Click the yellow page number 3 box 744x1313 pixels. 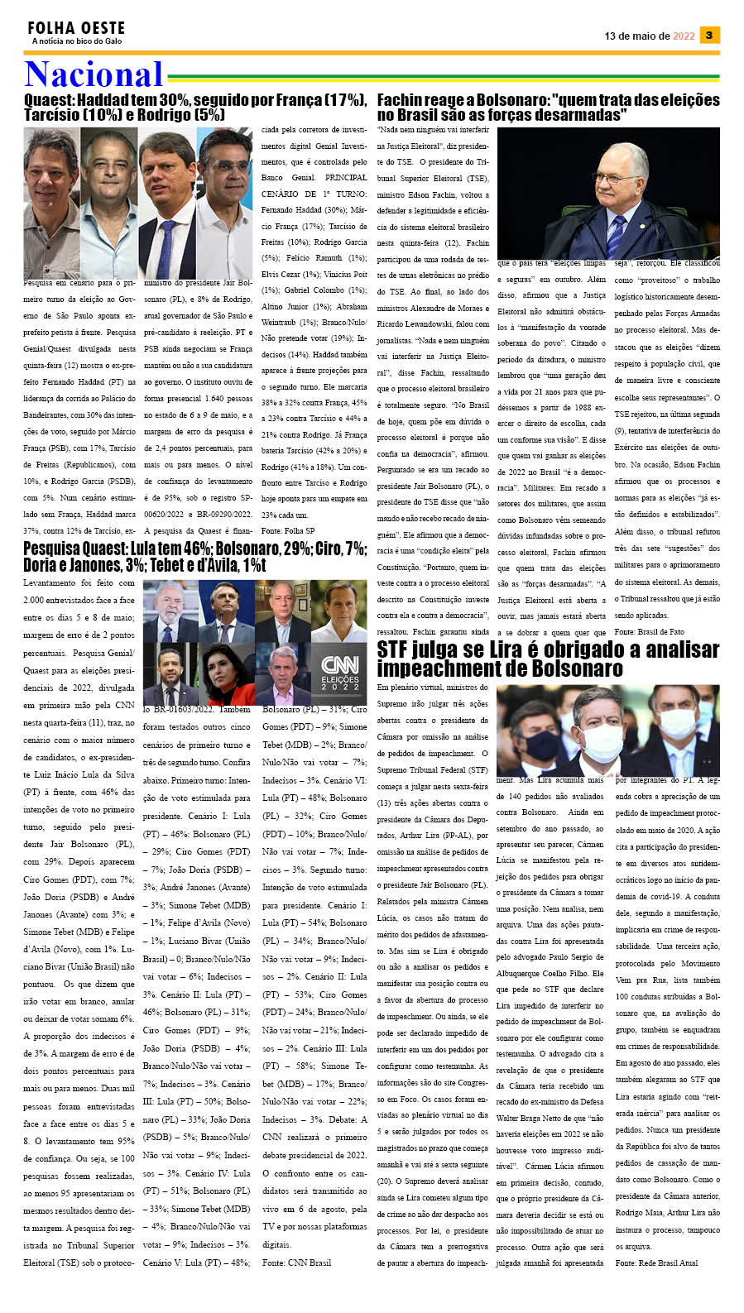709,35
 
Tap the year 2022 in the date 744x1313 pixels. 684,36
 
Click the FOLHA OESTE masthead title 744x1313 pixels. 76,28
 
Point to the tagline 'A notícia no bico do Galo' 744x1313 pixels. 76,41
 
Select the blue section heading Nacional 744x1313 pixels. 94,74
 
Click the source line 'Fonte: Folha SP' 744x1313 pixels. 287,530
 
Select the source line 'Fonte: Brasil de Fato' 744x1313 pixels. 649,631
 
